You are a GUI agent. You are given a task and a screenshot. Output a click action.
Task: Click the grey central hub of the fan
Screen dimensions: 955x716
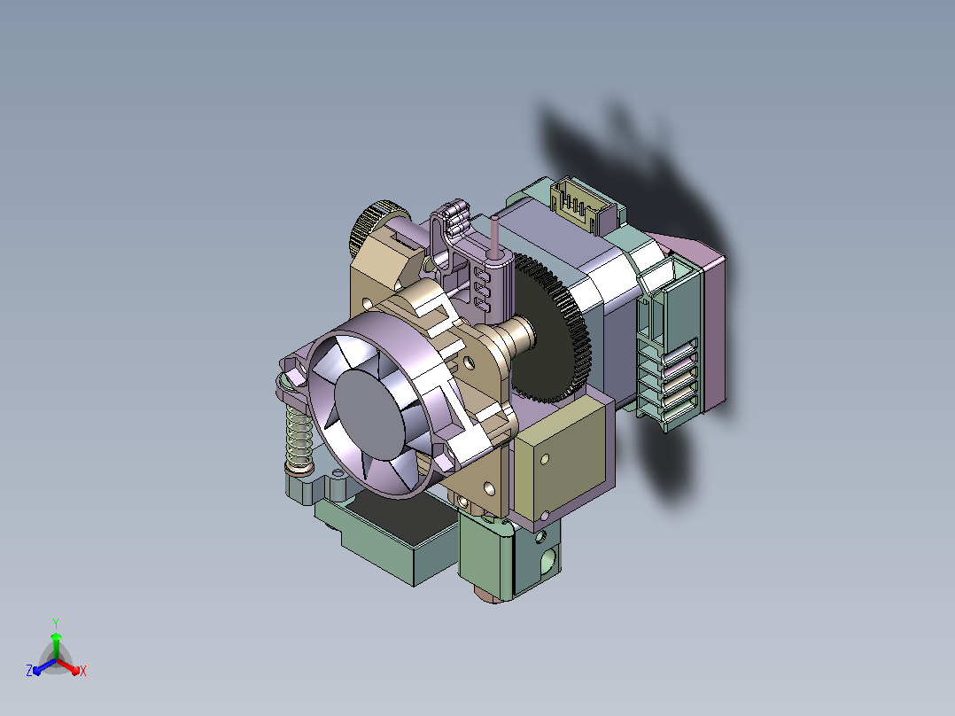(x=369, y=413)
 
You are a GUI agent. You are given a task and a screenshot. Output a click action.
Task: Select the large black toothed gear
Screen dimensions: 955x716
(x=551, y=329)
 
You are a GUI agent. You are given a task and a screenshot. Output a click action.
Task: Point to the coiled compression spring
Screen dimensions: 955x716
(x=299, y=438)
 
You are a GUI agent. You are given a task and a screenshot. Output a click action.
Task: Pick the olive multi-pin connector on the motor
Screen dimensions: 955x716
(x=578, y=204)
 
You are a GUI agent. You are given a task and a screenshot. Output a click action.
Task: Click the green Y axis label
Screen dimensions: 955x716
(x=56, y=623)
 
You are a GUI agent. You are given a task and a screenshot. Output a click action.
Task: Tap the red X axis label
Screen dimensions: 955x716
(x=83, y=671)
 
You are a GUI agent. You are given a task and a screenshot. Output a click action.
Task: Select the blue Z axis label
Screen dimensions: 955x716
(x=29, y=670)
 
